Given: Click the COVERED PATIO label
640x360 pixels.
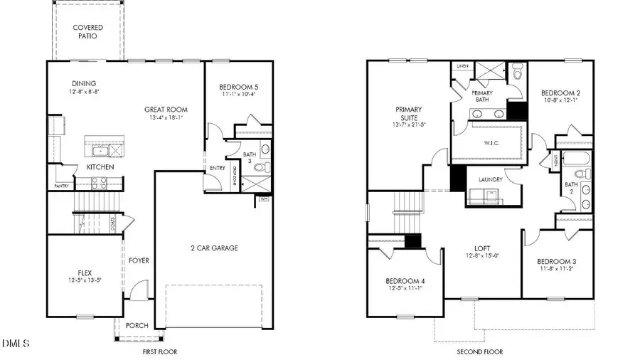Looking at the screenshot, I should click(88, 32).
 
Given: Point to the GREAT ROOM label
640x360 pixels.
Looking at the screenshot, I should click(166, 110).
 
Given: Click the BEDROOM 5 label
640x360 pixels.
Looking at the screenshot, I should click(238, 88).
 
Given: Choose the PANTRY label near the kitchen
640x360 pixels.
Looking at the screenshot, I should click(60, 186).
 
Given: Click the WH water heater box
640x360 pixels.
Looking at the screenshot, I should click(265, 198).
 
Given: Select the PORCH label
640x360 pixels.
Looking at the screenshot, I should click(137, 326).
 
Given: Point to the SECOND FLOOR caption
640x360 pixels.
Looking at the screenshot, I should click(480, 351).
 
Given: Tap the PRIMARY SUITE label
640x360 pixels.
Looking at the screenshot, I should click(409, 114).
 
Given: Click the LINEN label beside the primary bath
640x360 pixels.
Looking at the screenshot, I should click(463, 66).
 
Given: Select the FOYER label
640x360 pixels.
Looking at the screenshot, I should click(139, 260).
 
